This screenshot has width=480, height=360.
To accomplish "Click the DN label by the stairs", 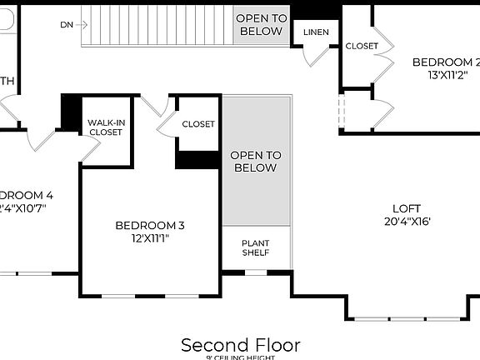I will [67, 25].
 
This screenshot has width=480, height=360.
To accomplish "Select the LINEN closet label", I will [316, 32].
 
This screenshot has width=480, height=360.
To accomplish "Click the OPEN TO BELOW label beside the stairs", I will [261, 25].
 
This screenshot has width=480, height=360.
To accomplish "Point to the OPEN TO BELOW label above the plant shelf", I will [256, 162].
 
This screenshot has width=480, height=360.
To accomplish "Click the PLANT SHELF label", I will [256, 247].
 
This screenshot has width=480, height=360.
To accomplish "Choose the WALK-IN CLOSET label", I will [106, 127].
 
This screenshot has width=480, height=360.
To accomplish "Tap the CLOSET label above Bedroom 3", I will [197, 124].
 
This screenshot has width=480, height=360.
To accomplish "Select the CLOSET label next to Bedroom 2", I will [362, 46].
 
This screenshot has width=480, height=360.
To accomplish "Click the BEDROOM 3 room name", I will [149, 225].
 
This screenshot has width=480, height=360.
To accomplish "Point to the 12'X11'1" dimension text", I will [149, 238].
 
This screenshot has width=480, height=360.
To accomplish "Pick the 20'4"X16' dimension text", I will [407, 222].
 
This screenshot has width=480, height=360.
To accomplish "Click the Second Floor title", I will [240, 344].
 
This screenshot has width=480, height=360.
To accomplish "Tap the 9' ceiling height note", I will [240, 357].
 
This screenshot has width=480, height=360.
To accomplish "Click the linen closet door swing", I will [314, 55].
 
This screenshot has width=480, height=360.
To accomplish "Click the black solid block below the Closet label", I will [197, 160].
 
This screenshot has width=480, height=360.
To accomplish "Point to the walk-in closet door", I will [91, 148].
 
